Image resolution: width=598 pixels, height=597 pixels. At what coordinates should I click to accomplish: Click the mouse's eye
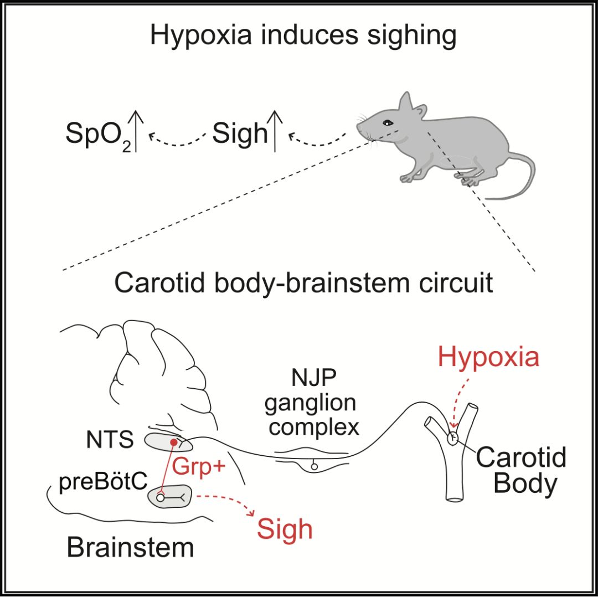[388, 122]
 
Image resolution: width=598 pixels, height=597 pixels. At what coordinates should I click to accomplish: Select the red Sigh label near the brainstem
[285, 529]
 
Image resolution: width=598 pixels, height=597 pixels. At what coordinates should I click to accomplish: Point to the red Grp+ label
[199, 466]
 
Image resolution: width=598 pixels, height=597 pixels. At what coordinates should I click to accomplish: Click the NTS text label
[110, 441]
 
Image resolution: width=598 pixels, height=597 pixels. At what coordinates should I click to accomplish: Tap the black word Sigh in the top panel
[240, 133]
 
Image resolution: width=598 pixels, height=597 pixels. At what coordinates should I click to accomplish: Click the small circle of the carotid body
[453, 438]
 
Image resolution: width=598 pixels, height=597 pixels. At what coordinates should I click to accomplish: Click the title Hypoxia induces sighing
[303, 36]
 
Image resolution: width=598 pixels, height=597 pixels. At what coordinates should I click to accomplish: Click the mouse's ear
[406, 103]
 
